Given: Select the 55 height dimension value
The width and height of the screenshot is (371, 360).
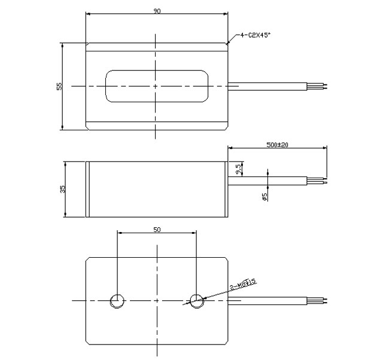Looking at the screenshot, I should (59, 86).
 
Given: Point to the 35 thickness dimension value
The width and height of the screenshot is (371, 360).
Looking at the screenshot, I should (62, 189).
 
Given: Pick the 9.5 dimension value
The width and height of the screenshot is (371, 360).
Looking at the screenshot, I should (239, 170).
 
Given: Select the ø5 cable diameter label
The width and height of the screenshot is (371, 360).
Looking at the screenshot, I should (264, 195).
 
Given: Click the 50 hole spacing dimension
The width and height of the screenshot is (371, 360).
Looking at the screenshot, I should (157, 229).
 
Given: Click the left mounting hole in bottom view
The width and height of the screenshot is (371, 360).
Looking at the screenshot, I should (117, 300).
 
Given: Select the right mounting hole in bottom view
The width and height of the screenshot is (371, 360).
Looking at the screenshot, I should (196, 300).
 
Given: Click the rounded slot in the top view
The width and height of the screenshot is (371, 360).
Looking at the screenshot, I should (157, 86).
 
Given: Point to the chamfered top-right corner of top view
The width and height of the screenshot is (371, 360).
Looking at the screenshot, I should (227, 44).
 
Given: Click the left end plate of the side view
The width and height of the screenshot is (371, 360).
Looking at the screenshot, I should (88, 190).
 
